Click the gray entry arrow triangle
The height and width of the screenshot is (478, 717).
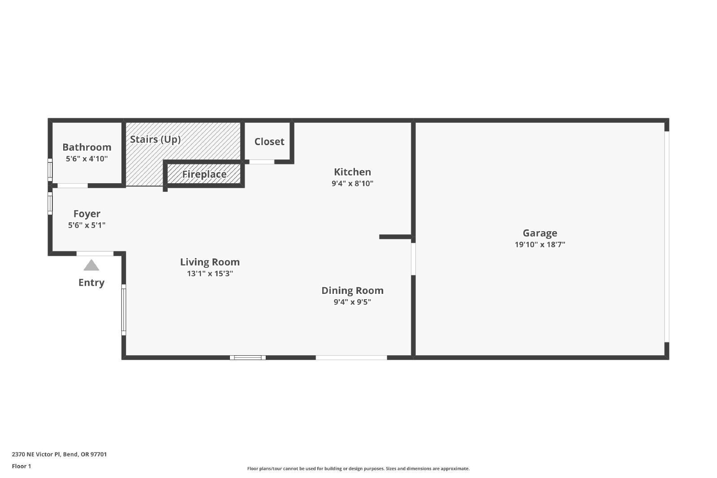pyautogui.click(x=91, y=265)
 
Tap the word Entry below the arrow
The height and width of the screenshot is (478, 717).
pyautogui.click(x=91, y=283)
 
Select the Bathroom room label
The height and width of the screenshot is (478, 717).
pyautogui.click(x=87, y=147)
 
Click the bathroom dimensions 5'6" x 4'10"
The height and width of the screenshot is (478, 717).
pyautogui.click(x=87, y=159)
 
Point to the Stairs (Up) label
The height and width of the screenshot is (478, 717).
pyautogui.click(x=155, y=139)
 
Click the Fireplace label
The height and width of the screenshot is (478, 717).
pyautogui.click(x=204, y=174)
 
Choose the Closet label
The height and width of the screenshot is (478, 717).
pyautogui.click(x=269, y=142)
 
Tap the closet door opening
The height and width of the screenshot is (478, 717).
pyautogui.click(x=262, y=162)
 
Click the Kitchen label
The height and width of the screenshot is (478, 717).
pyautogui.click(x=352, y=172)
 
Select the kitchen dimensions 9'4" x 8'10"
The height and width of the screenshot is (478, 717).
pyautogui.click(x=352, y=183)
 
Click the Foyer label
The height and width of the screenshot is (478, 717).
pyautogui.click(x=87, y=214)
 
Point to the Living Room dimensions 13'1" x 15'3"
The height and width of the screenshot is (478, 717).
pyautogui.click(x=210, y=274)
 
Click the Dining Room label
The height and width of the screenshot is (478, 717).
pyautogui.click(x=352, y=290)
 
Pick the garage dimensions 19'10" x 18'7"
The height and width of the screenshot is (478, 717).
pyautogui.click(x=540, y=245)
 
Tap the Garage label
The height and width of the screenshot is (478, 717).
pyautogui.click(x=540, y=233)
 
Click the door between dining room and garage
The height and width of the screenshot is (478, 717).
pyautogui.click(x=413, y=259)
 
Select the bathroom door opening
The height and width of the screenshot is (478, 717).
pyautogui.click(x=73, y=185)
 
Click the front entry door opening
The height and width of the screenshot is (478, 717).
pyautogui.click(x=95, y=254)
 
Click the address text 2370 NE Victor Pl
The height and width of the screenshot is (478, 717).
pyautogui.click(x=36, y=454)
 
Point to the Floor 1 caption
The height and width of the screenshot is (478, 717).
pyautogui.click(x=22, y=466)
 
